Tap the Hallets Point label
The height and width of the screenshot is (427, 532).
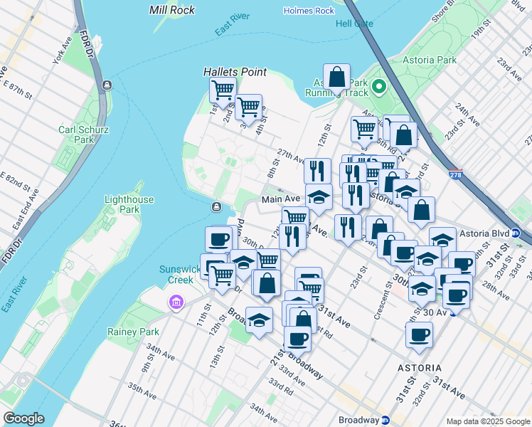[235, 72]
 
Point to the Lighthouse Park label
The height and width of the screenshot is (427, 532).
[129, 204]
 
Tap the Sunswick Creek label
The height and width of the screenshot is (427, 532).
[176, 275]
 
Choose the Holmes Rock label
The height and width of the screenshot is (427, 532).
[309, 11]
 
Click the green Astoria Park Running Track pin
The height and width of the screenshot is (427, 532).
[379, 88]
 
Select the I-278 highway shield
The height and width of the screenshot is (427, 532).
[456, 174]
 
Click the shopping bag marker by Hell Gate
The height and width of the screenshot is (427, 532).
[336, 77]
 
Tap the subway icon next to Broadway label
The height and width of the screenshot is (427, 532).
[385, 419]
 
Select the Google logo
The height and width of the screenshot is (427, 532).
[23, 418]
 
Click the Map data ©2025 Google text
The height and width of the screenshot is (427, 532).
[487, 421]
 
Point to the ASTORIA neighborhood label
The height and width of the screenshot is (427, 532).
[420, 368]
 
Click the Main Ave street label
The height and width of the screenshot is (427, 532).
[280, 200]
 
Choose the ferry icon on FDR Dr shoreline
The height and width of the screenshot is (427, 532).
[106, 85]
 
